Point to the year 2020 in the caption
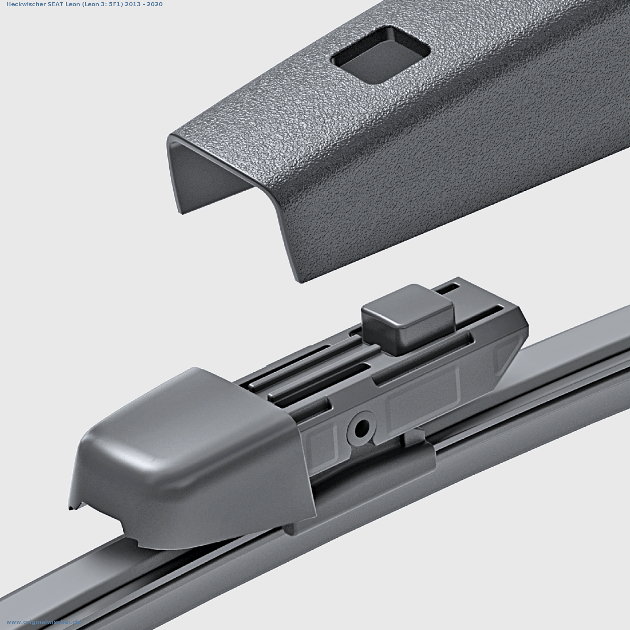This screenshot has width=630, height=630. coord(154,4)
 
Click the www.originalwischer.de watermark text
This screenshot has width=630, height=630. coord(43,622)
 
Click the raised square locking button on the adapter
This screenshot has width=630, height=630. coord(408,318)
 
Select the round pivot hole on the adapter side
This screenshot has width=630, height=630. coord(361,428)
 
